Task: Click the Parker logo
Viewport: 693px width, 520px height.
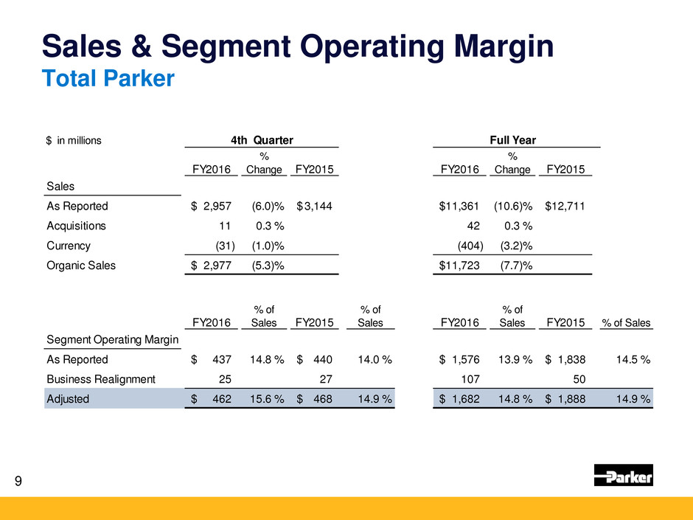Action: click(x=623, y=476)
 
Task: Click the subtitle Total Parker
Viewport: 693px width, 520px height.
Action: click(x=108, y=77)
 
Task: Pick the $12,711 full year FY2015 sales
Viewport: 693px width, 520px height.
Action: click(x=565, y=207)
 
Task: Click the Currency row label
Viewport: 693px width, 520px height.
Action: click(x=68, y=245)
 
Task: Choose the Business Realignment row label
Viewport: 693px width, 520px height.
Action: click(x=100, y=379)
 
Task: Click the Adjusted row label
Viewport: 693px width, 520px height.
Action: click(x=68, y=399)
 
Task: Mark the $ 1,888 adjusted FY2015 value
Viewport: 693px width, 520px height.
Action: click(x=565, y=399)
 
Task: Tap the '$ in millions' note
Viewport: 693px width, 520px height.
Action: click(x=73, y=139)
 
